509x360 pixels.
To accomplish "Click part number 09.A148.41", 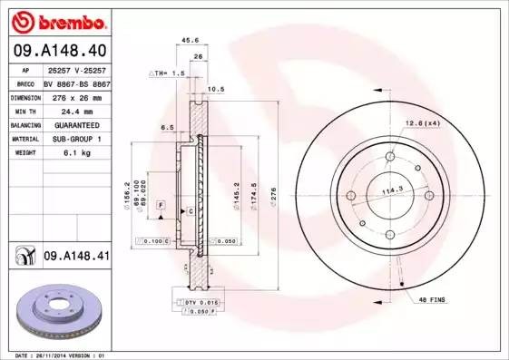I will tap(75, 257).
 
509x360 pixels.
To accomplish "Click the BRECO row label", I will tap(24, 82).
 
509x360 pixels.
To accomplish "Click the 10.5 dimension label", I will tap(216, 90).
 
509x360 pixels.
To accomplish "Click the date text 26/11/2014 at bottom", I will tap(55, 355).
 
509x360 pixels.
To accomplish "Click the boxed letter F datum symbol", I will tap(161, 208).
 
